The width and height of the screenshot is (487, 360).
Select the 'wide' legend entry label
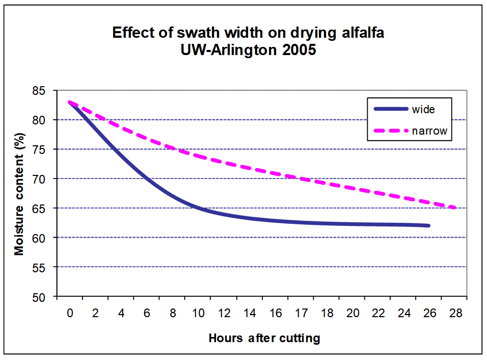424,109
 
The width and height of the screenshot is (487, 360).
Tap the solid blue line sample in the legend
390,109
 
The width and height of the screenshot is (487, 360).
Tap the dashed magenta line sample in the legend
390,131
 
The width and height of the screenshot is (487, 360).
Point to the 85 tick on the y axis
45,91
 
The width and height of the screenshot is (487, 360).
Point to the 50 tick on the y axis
45,297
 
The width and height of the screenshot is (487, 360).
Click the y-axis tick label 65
45,209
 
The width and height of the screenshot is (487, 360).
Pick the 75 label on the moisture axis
45,149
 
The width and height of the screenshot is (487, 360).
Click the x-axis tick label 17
302,313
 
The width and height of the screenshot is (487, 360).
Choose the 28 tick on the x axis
456,313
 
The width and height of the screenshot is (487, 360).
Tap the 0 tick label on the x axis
70,313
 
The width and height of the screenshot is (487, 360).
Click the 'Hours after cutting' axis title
264,338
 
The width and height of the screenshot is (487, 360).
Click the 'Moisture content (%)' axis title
19,194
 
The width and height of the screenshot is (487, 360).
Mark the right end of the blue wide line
429,225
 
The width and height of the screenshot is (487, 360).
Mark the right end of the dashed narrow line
455,208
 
